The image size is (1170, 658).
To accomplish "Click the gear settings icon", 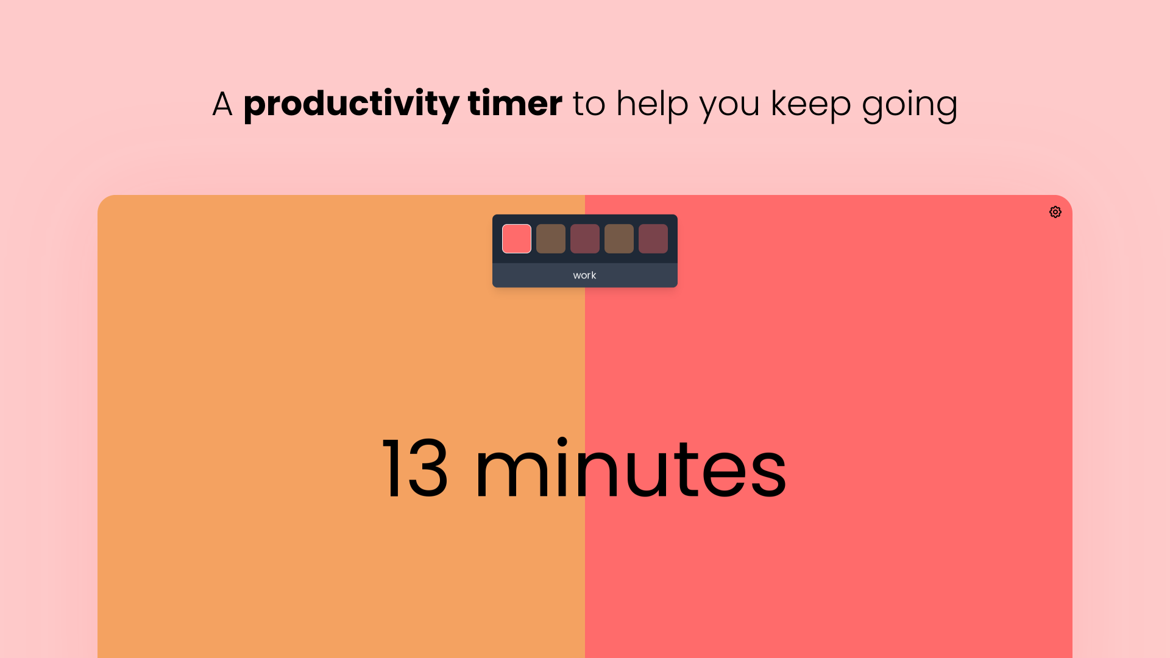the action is (1055, 212).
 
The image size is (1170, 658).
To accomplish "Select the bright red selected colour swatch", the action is (517, 239).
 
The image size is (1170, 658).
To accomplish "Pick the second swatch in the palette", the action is (551, 239).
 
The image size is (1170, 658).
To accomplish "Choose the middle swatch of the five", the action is (585, 239).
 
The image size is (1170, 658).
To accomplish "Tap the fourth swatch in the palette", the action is (619, 239).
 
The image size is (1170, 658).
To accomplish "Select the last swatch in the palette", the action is (653, 239).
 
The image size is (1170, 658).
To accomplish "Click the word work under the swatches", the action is (584, 275).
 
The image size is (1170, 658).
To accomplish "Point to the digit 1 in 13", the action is (391, 469).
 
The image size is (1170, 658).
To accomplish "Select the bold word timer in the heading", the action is (515, 103).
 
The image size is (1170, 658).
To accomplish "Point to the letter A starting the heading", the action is (222, 104).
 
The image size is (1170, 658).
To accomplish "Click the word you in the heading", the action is (729, 107).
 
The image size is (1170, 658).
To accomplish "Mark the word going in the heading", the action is (910, 105).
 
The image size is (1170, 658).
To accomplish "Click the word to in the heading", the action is (589, 104).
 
